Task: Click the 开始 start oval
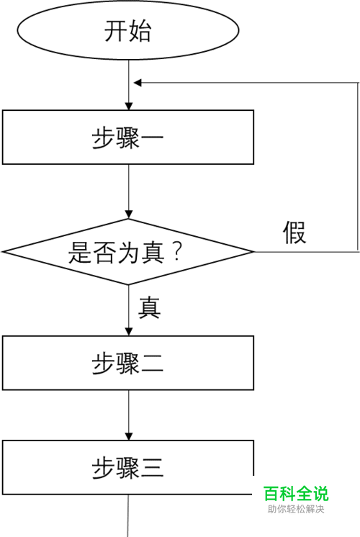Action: pos(127,30)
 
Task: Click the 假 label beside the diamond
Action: pos(294,233)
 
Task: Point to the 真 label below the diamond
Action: pos(149,307)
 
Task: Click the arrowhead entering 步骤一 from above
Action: pos(128,106)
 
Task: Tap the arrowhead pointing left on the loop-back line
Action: pos(138,83)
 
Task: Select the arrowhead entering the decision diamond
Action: pos(128,215)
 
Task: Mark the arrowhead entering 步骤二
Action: pos(128,332)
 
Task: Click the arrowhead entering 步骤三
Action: pos(128,436)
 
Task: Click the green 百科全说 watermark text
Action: pos(296,494)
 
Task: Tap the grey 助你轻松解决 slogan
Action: pos(296,509)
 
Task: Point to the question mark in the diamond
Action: pos(177,253)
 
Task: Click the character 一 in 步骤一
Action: pos(151,137)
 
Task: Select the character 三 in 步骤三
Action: pos(151,468)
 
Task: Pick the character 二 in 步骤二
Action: pos(151,364)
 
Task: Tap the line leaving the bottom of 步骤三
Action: pos(128,516)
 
